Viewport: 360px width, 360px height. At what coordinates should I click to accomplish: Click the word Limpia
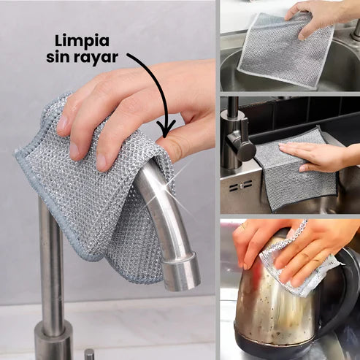[82, 42]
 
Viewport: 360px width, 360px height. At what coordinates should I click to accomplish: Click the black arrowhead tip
[166, 137]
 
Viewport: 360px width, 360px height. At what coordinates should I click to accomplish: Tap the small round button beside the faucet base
[89, 354]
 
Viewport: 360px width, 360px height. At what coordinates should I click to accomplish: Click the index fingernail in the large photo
[62, 122]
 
